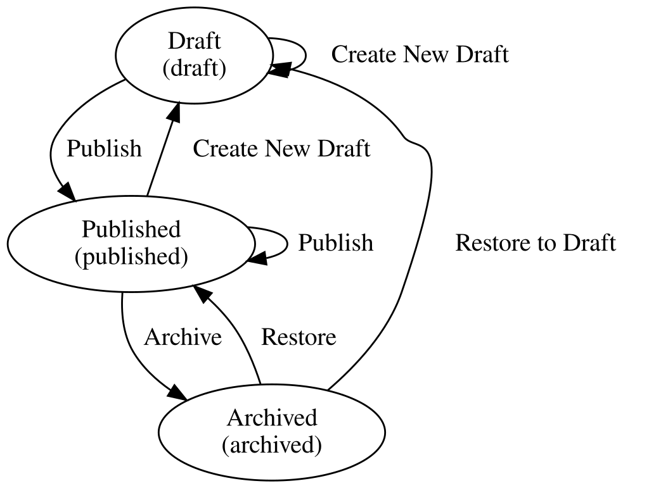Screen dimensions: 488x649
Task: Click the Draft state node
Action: pyautogui.click(x=194, y=54)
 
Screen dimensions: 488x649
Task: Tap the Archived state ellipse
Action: pyautogui.click(x=271, y=432)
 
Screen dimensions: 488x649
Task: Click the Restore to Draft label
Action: pyautogui.click(x=536, y=243)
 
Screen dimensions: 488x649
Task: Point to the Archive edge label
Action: pyautogui.click(x=183, y=337)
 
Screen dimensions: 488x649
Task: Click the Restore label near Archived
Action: pyautogui.click(x=299, y=337)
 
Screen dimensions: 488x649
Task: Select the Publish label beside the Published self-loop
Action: pyautogui.click(x=336, y=243)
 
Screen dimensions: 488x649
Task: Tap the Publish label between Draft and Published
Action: pyautogui.click(x=104, y=149)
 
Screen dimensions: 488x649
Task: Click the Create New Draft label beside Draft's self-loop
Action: pyautogui.click(x=420, y=54)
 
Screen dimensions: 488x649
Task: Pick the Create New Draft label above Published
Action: pyautogui.click(x=281, y=149)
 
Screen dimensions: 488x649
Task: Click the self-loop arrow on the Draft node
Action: pyautogui.click(x=305, y=54)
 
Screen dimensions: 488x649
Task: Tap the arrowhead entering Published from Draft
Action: pyautogui.click(x=67, y=191)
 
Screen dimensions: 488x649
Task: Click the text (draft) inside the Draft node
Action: pyautogui.click(x=194, y=67)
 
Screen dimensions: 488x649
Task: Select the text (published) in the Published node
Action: pyautogui.click(x=131, y=257)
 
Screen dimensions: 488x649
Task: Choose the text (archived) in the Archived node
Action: pyautogui.click(x=271, y=445)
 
